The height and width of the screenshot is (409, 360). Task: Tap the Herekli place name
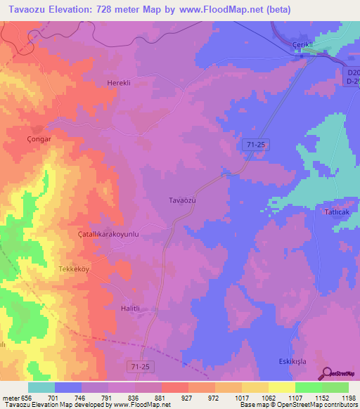click(x=119, y=83)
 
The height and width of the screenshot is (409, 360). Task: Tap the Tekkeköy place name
click(x=75, y=269)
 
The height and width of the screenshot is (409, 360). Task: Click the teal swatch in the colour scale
click(x=41, y=387)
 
